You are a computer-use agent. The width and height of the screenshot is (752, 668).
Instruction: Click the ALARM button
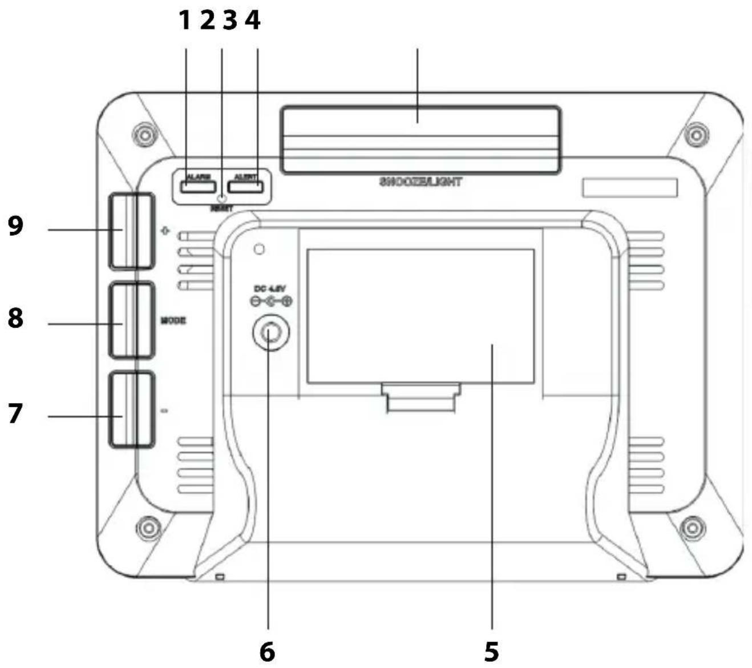pos(199,186)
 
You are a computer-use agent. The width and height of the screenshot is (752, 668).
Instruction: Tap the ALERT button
pos(245,186)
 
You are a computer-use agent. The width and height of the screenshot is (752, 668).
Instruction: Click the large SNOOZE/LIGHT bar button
pos(421,140)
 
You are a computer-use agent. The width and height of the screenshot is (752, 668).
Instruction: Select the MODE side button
pos(132,320)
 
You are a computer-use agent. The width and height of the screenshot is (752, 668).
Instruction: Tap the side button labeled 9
pos(131,231)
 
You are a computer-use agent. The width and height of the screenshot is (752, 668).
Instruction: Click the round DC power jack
pos(271,332)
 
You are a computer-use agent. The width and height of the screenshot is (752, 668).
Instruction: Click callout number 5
pos(491,651)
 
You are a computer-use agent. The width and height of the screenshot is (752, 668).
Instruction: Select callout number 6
pos(267,651)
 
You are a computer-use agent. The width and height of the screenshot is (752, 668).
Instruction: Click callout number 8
pos(15,318)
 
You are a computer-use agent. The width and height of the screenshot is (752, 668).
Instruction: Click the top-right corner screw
pos(696,135)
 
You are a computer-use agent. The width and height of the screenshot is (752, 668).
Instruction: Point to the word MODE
pos(173,320)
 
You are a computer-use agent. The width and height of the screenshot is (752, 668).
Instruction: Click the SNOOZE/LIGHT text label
pos(421,182)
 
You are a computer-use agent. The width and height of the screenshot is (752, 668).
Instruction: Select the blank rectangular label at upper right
pos(630,187)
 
